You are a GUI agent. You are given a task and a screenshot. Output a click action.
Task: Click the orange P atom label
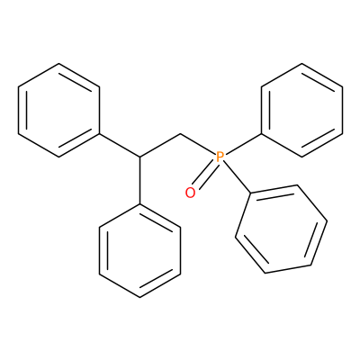pyautogui.click(x=220, y=157)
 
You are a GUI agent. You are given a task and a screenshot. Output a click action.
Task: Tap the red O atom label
pyautogui.click(x=190, y=193)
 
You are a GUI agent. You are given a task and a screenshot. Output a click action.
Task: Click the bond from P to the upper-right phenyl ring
pyautogui.click(x=243, y=144)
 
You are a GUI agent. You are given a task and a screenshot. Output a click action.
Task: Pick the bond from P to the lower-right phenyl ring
pyautogui.click(x=237, y=177)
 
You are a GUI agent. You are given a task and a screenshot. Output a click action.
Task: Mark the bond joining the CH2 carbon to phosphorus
pyautogui.click(x=198, y=145)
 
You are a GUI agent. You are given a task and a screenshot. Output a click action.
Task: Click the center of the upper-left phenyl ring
pyautogui.click(x=59, y=110)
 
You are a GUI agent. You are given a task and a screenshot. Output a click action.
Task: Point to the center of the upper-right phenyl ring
pyautogui.click(x=301, y=110)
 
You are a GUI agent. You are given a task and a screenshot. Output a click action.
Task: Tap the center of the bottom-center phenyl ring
pyautogui.click(x=140, y=250)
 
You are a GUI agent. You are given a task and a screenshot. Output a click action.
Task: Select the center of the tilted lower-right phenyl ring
pyautogui.click(x=281, y=229)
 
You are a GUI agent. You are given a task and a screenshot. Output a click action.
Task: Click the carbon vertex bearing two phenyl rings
pyautogui.click(x=140, y=157)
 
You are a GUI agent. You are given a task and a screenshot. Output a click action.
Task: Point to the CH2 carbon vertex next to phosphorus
pyautogui.click(x=181, y=133)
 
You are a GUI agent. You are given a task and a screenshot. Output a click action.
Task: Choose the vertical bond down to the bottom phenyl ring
pyautogui.click(x=140, y=180)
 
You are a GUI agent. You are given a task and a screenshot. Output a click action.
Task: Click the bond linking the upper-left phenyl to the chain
pyautogui.click(x=120, y=145)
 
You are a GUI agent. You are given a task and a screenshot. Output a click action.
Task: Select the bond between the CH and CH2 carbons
pyautogui.click(x=160, y=145)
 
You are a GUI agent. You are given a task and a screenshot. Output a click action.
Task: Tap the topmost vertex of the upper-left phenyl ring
pyautogui.click(x=59, y=63)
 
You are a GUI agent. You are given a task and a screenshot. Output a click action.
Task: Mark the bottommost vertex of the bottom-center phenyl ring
pyautogui.click(x=140, y=297)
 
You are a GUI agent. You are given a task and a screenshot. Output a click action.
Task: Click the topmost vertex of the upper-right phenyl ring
pyautogui.click(x=301, y=63)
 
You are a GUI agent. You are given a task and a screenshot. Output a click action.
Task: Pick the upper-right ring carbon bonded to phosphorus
pyautogui.click(x=261, y=133)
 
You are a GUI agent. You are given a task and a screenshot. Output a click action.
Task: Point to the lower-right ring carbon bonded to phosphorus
pyautogui.click(x=250, y=193)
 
